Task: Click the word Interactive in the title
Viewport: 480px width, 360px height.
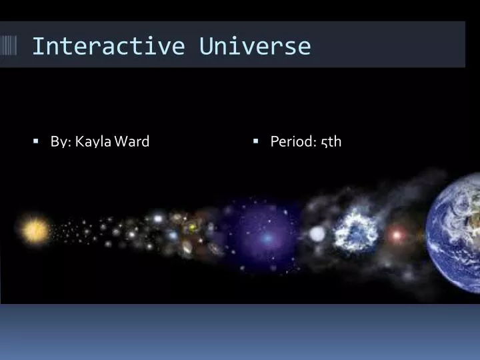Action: point(109,46)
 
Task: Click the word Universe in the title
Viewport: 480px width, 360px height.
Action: point(255,46)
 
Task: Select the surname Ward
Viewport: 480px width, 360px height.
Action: point(131,141)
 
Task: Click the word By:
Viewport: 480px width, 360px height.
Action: point(61,142)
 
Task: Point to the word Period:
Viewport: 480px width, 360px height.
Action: point(293,141)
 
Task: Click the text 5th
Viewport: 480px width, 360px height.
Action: point(331,142)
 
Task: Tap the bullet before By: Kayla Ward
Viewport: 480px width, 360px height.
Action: point(36,141)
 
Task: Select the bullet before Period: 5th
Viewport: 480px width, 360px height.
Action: point(256,141)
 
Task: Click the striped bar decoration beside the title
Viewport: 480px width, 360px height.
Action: point(8,45)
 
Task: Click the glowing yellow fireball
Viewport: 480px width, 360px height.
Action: point(34,230)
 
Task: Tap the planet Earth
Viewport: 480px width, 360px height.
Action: point(454,233)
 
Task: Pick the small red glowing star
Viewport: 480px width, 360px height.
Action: point(397,235)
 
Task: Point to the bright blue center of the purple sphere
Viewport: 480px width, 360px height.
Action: point(267,238)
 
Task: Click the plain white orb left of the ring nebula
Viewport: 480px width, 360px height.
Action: point(317,234)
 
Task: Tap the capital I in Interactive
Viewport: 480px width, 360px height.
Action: point(37,46)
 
